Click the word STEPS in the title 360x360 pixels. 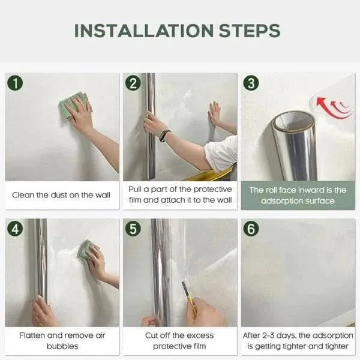tap(252, 31)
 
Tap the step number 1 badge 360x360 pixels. tap(15, 83)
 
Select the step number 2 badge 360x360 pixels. tap(133, 83)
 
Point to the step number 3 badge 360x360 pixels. tap(251, 83)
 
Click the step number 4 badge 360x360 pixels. tap(15, 229)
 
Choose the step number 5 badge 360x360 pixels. tap(133, 229)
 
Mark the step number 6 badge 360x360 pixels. tap(251, 229)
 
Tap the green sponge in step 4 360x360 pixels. tap(86, 248)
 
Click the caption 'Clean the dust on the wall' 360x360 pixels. tap(61, 195)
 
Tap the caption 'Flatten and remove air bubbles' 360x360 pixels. tap(61, 341)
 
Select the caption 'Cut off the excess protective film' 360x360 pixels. tap(179, 341)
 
